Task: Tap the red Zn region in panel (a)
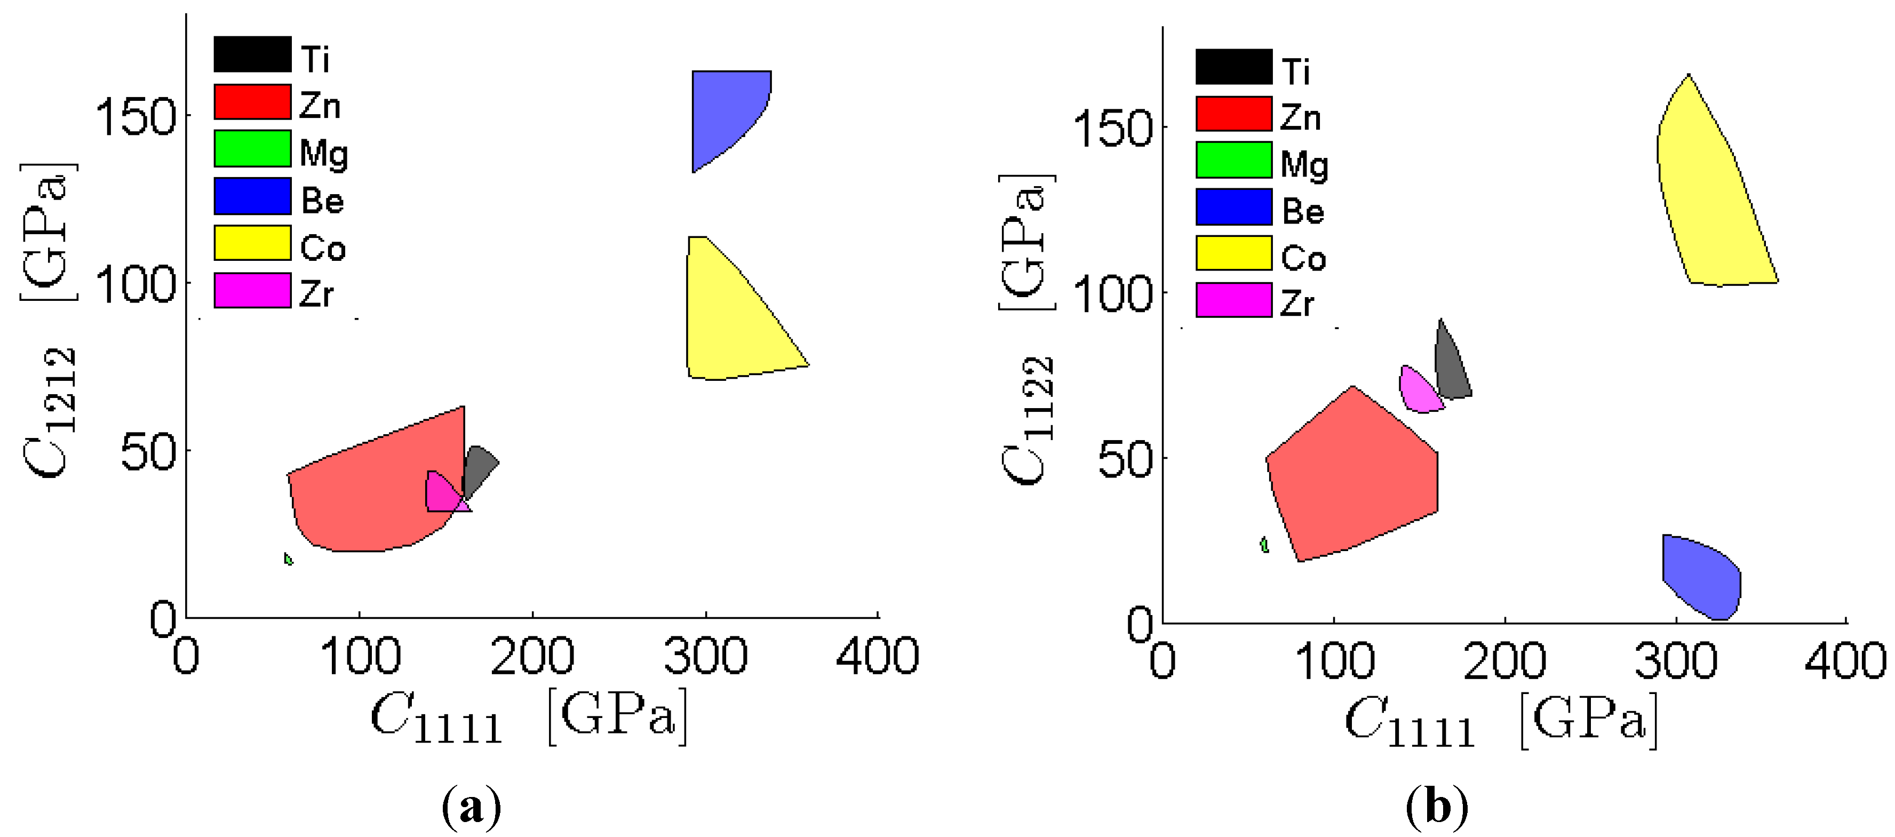[368, 493]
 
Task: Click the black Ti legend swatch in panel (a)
[252, 54]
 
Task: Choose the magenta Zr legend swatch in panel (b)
[1233, 300]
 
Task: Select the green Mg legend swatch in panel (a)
[252, 149]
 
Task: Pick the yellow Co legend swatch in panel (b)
[1233, 253]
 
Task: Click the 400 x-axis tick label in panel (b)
[1845, 661]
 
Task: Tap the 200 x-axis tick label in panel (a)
[532, 656]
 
